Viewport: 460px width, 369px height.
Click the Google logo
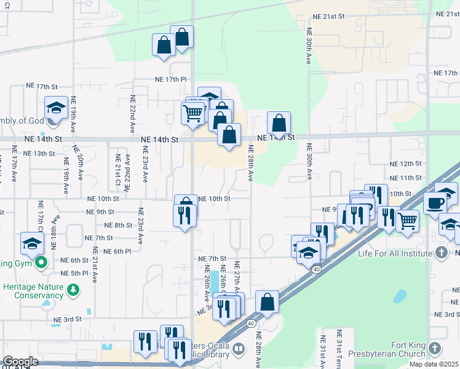pyautogui.click(x=20, y=362)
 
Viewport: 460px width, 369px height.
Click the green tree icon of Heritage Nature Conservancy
pyautogui.click(x=73, y=288)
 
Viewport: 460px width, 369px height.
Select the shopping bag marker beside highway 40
pyautogui.click(x=267, y=302)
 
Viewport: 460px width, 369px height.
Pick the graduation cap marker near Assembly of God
pyautogui.click(x=56, y=108)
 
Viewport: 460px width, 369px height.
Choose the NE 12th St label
pyautogui.click(x=406, y=164)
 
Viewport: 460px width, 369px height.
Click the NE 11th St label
pyautogui.click(x=406, y=178)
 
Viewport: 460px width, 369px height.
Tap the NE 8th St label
pyautogui.click(x=119, y=225)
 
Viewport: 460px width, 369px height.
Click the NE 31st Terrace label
pyautogui.click(x=339, y=347)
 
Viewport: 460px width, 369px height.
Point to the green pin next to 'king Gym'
pyautogui.click(x=41, y=264)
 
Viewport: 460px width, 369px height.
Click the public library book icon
pyautogui.click(x=238, y=351)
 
